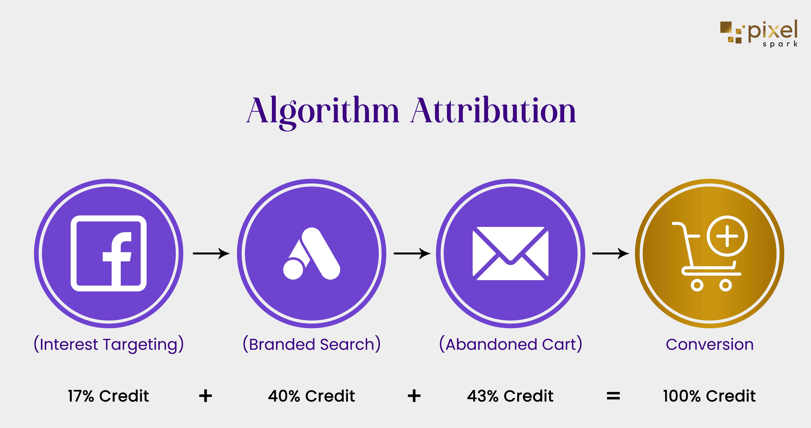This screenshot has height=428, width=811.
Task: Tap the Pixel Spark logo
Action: [759, 33]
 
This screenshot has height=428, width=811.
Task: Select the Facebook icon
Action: [109, 253]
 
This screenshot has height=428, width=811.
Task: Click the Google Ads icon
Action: [312, 253]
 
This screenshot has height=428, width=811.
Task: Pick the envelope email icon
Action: [510, 253]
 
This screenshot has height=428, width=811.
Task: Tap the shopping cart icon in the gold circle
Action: [710, 253]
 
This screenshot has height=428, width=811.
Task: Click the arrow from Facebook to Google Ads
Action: [211, 253]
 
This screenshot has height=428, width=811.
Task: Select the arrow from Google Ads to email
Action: [412, 253]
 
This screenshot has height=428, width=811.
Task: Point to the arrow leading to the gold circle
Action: [611, 253]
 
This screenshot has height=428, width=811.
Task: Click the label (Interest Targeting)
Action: [109, 344]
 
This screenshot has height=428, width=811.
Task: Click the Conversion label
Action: [710, 344]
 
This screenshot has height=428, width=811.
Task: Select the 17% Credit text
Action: [109, 396]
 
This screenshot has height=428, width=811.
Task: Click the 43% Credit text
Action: [510, 396]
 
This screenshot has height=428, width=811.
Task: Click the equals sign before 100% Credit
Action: [613, 396]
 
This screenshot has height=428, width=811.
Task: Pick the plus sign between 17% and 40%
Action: [206, 396]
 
